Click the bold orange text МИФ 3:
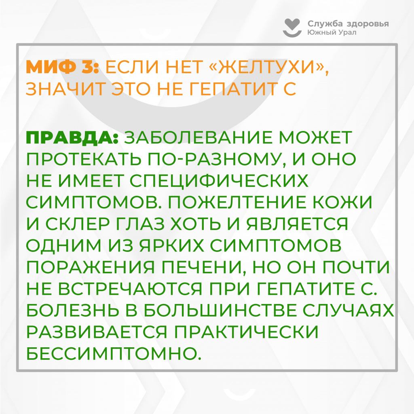point(62,67)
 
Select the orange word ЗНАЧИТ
point(66,89)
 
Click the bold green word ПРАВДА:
point(72,137)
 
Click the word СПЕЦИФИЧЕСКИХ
point(219,181)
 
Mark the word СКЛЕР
point(78,224)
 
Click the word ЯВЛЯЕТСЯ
point(297,224)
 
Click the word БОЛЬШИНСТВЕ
point(220,310)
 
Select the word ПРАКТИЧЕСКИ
point(246,332)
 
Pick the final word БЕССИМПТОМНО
point(114,353)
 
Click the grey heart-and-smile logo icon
point(292,28)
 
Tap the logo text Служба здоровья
point(348,24)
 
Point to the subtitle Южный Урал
point(332,32)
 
